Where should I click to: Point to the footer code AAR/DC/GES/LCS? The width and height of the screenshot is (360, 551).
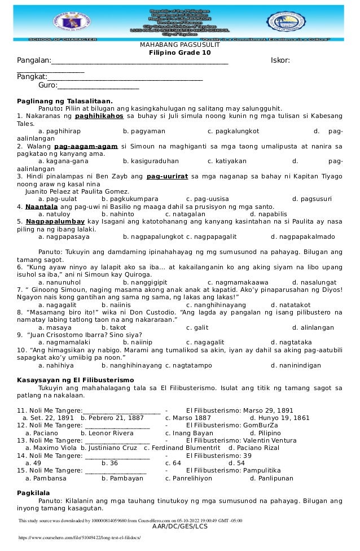(x=180, y=527)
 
